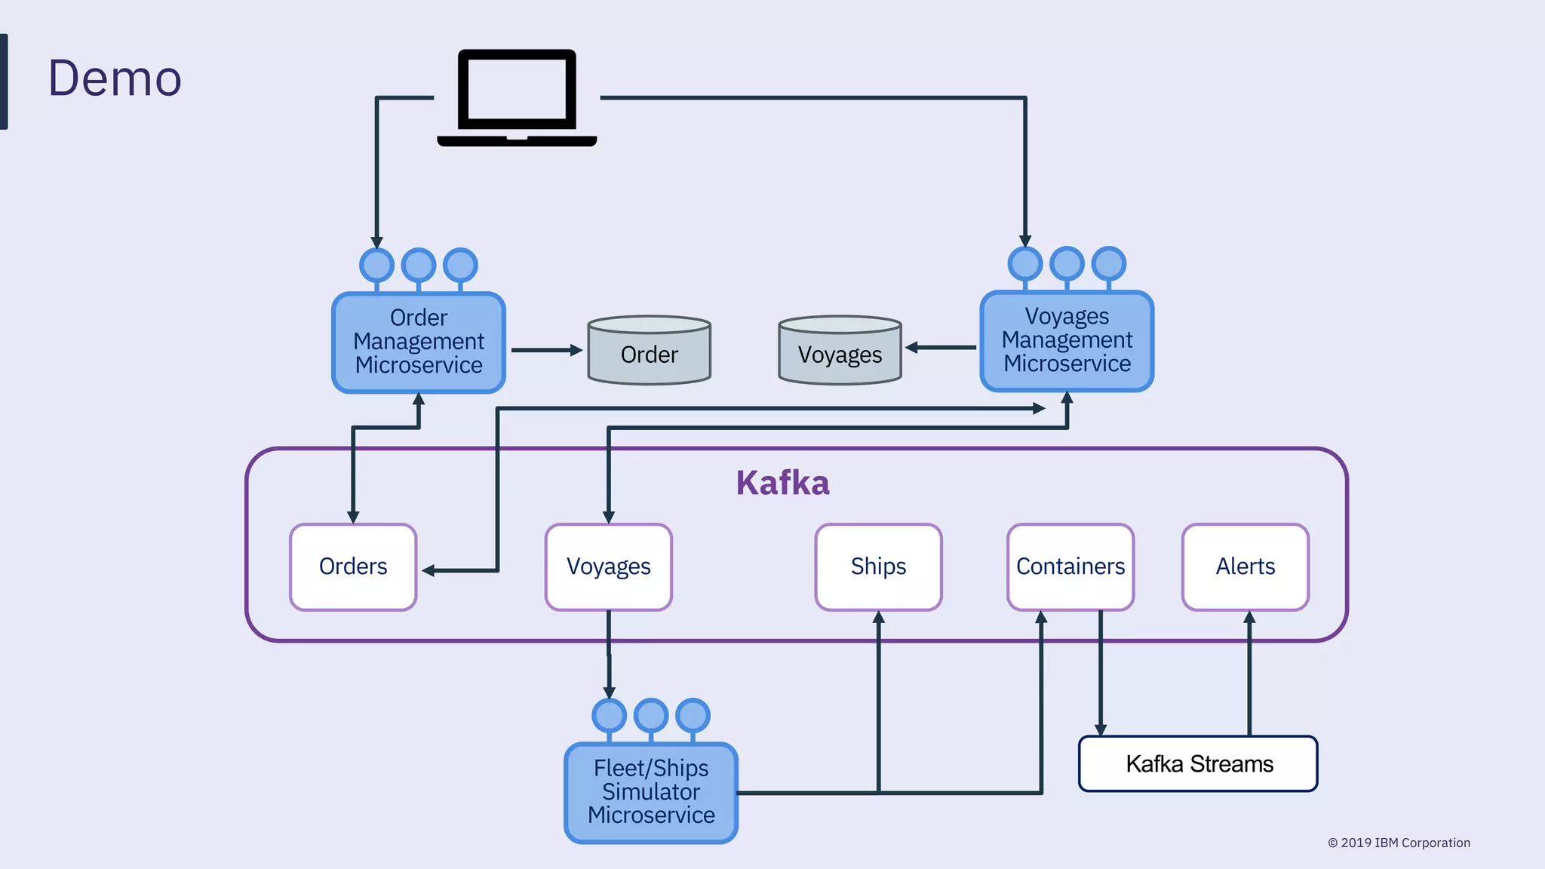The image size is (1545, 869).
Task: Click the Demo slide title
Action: pyautogui.click(x=115, y=78)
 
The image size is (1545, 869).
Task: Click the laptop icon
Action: pyautogui.click(x=517, y=97)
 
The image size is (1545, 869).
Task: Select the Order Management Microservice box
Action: pyautogui.click(x=419, y=342)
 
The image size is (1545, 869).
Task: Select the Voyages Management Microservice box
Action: pyautogui.click(x=1067, y=340)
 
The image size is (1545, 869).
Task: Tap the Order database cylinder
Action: pyautogui.click(x=649, y=352)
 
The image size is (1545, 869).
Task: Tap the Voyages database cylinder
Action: pyautogui.click(x=840, y=352)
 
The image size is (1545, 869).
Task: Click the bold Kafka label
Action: pyautogui.click(x=782, y=483)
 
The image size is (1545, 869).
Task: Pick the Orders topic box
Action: pyautogui.click(x=353, y=567)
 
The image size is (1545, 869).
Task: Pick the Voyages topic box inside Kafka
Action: pyautogui.click(x=608, y=567)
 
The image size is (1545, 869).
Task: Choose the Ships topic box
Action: pyautogui.click(x=878, y=567)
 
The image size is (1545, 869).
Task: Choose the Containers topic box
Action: pyautogui.click(x=1070, y=567)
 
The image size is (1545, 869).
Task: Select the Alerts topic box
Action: pyautogui.click(x=1245, y=567)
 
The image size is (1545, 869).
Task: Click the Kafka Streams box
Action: pyautogui.click(x=1198, y=763)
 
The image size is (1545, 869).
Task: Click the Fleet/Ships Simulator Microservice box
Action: pyautogui.click(x=651, y=792)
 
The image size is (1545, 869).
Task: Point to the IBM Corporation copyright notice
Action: pyautogui.click(x=1399, y=843)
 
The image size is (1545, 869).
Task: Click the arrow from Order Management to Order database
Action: pyautogui.click(x=545, y=350)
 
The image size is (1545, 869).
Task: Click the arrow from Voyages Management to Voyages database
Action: pyautogui.click(x=941, y=348)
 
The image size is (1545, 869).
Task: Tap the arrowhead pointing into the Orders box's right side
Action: pyautogui.click(x=428, y=571)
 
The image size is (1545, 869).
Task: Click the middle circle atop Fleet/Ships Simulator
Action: pyautogui.click(x=651, y=714)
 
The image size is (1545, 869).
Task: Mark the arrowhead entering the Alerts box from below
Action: pyautogui.click(x=1249, y=617)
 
